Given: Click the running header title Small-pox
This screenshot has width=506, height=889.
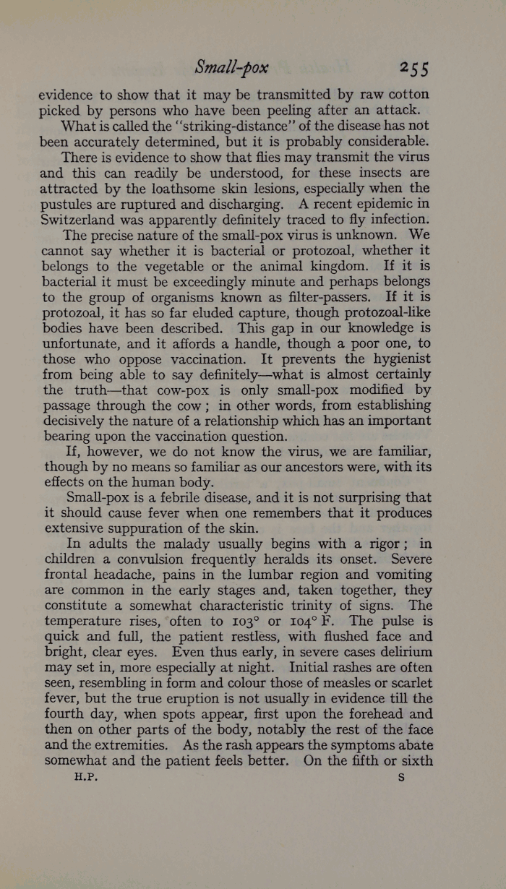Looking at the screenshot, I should point(231,68).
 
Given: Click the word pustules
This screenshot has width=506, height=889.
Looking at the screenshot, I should point(69,205).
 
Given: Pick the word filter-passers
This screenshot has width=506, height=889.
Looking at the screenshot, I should point(309,298).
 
